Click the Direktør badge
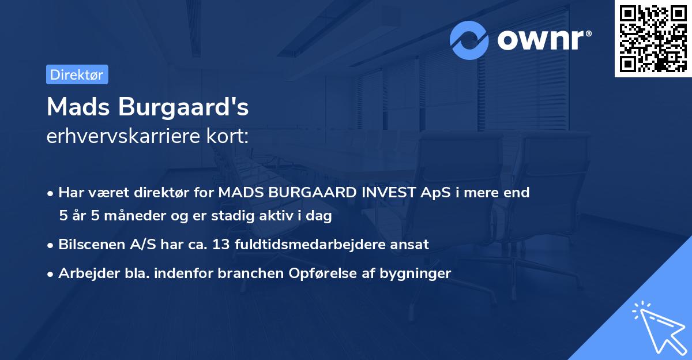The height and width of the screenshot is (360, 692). [x=77, y=74]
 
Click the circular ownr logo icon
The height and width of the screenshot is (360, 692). [x=469, y=40]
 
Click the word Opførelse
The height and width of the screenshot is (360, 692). [x=316, y=273]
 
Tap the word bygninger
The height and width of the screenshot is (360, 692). [x=415, y=273]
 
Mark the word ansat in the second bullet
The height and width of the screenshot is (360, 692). [x=411, y=245]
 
